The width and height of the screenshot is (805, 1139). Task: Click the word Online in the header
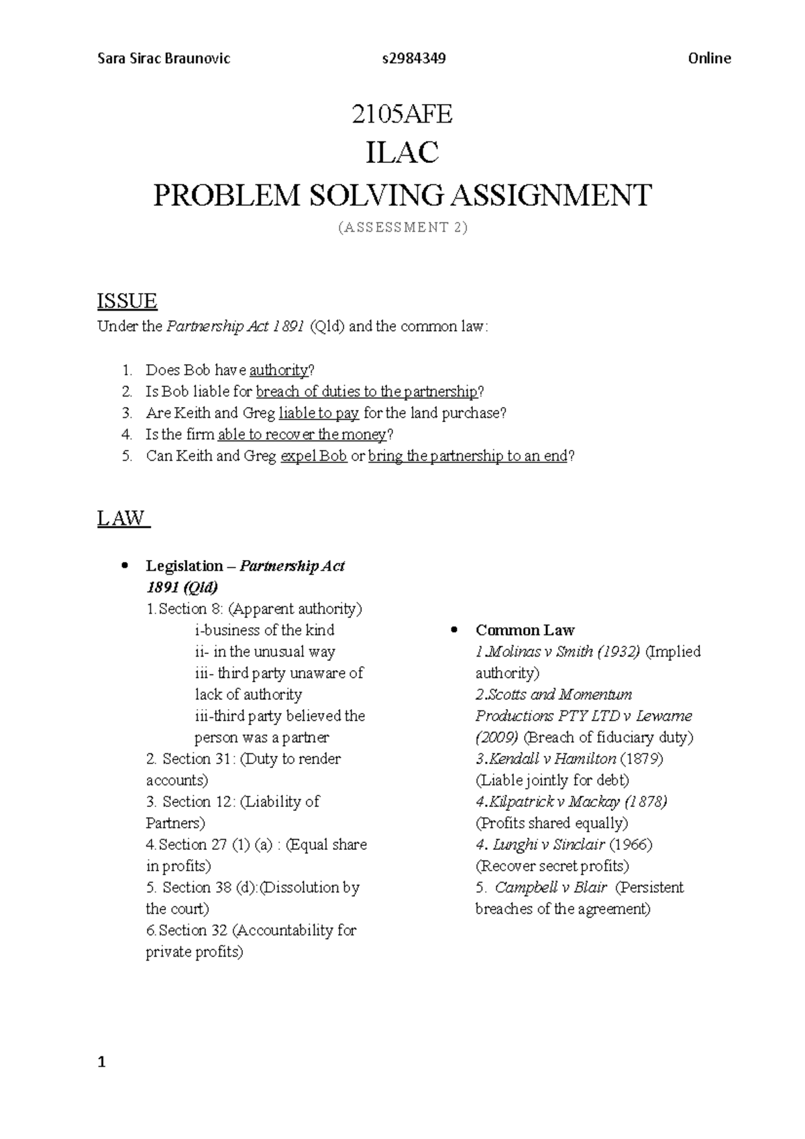coord(709,58)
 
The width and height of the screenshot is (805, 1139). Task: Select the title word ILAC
coord(402,153)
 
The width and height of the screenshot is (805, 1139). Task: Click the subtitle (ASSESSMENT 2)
coord(402,227)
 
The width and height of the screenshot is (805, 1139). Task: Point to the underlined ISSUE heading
coord(127,301)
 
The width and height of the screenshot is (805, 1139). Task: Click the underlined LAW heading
coord(122,519)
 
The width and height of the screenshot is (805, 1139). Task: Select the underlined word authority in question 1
coord(278,370)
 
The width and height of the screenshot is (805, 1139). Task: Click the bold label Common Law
coord(525,631)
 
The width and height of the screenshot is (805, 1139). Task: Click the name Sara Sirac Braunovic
coord(164,58)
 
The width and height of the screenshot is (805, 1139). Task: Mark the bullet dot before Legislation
coord(123,565)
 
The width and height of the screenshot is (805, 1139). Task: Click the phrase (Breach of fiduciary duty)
coord(608,737)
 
